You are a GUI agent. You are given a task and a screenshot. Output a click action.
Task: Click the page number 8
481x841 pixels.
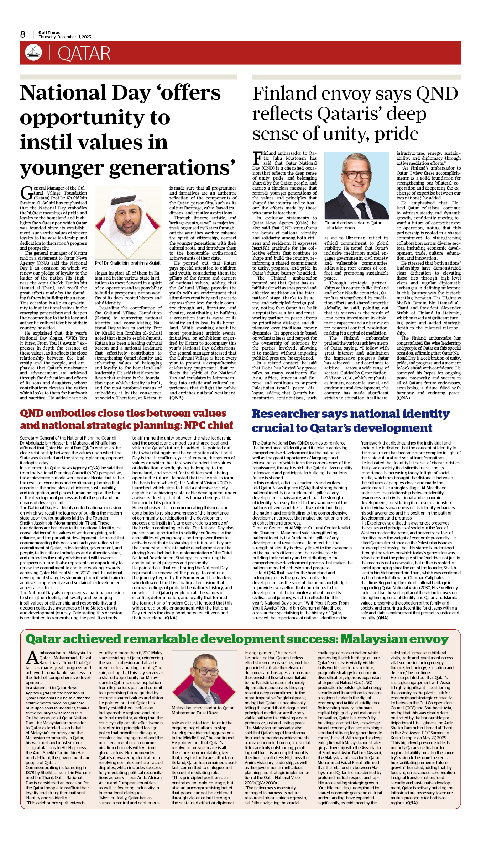[x=23, y=34]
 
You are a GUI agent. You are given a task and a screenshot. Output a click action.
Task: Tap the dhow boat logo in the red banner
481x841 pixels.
[x=33, y=52]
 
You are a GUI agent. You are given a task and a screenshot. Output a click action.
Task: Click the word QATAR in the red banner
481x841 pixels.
[x=84, y=53]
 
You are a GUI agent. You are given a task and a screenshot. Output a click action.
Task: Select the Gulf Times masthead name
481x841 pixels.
[x=49, y=32]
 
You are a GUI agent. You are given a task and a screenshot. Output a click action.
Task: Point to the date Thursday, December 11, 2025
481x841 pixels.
[x=65, y=37]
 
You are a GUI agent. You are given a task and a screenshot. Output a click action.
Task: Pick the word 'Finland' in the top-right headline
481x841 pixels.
[x=284, y=94]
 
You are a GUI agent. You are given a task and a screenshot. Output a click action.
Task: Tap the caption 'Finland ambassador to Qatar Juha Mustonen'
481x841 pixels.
[x=352, y=225]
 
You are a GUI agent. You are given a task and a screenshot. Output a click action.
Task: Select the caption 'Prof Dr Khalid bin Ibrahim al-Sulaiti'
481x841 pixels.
[x=128, y=263]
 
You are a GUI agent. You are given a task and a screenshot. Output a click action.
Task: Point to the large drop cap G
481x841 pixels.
[x=27, y=193]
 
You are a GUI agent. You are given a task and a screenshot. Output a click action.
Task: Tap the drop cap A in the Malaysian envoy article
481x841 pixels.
[x=32, y=658]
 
